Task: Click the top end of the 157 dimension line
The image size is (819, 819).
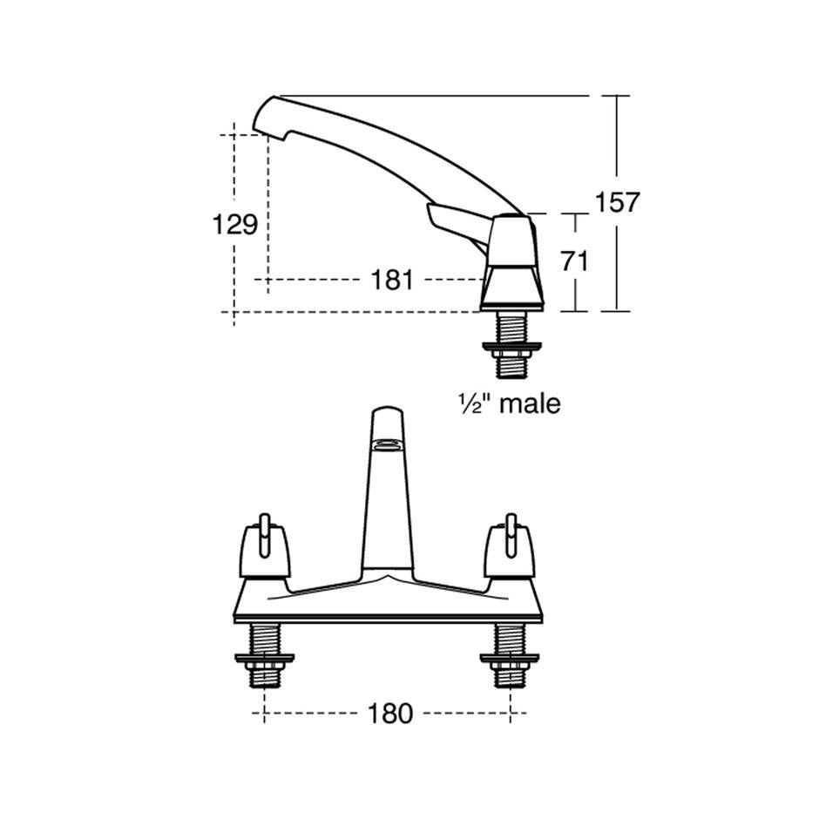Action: (x=616, y=96)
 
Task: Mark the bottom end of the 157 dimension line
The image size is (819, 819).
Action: (x=616, y=311)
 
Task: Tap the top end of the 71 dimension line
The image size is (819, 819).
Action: (x=576, y=213)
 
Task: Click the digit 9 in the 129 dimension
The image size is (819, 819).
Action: (x=249, y=225)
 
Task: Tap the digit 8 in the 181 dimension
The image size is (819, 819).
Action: (x=392, y=280)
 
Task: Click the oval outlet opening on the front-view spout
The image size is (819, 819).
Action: (x=386, y=445)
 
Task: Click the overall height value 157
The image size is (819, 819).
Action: (x=618, y=202)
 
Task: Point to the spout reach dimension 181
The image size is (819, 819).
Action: (x=392, y=280)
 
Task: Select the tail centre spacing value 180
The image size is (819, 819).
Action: (x=390, y=713)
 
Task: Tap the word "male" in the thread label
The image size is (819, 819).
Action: (x=530, y=403)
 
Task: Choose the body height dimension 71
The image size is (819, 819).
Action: (x=575, y=261)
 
